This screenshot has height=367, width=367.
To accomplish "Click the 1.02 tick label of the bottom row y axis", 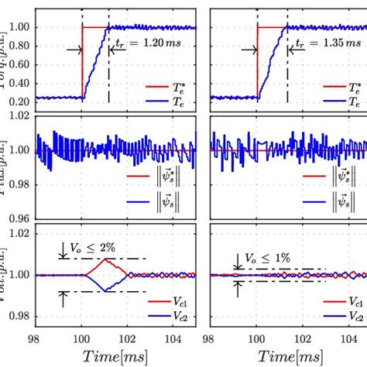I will click(21, 232).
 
